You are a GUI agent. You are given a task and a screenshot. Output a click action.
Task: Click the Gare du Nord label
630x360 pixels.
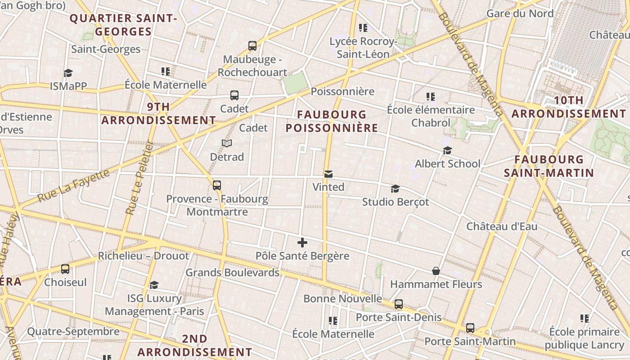click(x=520, y=13)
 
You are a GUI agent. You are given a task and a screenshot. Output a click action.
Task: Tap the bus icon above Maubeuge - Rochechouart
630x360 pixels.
click(x=252, y=45)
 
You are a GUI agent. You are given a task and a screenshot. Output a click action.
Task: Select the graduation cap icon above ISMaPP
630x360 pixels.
click(x=68, y=73)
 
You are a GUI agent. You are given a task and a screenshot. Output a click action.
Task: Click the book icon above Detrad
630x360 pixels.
click(x=227, y=144)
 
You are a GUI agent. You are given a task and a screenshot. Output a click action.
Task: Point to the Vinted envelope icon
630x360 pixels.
click(x=328, y=174)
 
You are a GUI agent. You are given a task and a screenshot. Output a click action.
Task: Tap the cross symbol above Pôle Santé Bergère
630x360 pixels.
click(x=302, y=243)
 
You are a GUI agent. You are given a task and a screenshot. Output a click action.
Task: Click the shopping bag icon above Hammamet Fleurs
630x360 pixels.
click(x=436, y=271)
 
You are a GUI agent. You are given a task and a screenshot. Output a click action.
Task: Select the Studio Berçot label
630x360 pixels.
click(x=396, y=202)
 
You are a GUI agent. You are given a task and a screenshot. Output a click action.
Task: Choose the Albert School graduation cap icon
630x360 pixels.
click(x=447, y=150)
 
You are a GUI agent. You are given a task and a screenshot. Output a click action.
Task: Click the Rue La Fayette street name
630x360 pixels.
click(x=73, y=185)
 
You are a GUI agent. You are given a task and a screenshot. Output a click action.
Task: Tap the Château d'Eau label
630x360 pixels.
click(x=502, y=226)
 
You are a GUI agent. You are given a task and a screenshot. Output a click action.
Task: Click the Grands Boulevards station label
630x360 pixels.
click(x=232, y=273)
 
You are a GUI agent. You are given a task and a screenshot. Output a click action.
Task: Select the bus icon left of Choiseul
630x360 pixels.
click(x=65, y=269)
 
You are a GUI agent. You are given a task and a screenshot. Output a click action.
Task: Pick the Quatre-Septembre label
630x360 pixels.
click(x=73, y=332)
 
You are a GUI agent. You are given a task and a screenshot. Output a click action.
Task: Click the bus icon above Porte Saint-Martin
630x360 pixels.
click(x=470, y=328)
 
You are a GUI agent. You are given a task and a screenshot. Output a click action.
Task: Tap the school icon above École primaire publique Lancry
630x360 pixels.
click(x=585, y=319)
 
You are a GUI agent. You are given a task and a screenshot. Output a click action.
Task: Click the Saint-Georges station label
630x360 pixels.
click(x=106, y=49)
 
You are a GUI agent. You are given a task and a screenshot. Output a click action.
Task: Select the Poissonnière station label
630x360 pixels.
click(x=342, y=92)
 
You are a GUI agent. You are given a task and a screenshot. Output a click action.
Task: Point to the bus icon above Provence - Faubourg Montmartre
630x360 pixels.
click(x=217, y=185)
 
